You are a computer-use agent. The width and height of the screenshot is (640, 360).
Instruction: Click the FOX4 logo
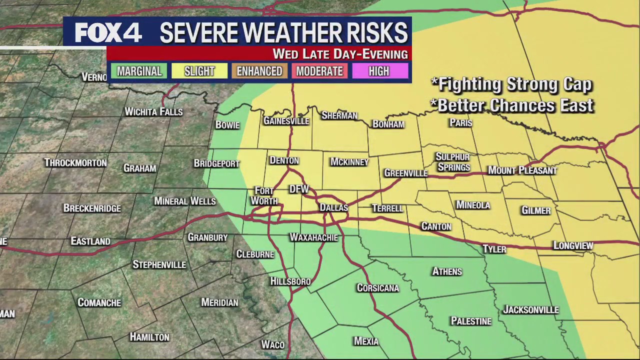click(108, 33)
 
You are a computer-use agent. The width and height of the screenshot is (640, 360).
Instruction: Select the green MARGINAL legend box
click(139, 71)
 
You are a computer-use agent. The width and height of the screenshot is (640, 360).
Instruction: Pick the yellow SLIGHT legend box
click(199, 71)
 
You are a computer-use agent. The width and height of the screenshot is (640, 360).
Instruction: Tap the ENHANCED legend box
click(259, 71)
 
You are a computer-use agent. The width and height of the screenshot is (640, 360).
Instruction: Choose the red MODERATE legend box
click(319, 71)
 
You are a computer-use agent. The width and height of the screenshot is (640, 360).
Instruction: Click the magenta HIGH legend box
click(378, 71)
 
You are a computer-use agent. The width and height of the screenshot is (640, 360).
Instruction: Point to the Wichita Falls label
click(153, 111)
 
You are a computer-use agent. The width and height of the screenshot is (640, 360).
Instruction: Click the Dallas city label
click(333, 207)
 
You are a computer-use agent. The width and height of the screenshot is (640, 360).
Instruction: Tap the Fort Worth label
click(264, 196)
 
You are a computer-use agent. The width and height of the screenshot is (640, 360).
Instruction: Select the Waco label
click(273, 344)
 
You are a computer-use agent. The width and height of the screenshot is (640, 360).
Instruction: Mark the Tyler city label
click(494, 249)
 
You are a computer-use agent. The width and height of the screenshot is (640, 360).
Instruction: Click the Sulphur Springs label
click(453, 162)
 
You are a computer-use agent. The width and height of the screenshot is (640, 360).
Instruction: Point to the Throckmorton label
click(75, 163)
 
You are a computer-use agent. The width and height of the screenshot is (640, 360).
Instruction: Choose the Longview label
click(573, 245)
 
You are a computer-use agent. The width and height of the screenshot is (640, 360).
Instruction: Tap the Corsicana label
click(377, 288)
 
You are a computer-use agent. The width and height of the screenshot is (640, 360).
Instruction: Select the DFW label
click(299, 189)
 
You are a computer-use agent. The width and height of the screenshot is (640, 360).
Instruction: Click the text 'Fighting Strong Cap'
click(511, 84)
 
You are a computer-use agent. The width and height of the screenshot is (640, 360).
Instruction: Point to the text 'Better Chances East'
click(512, 105)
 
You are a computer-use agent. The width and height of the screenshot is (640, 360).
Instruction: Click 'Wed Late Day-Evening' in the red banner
click(340, 54)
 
